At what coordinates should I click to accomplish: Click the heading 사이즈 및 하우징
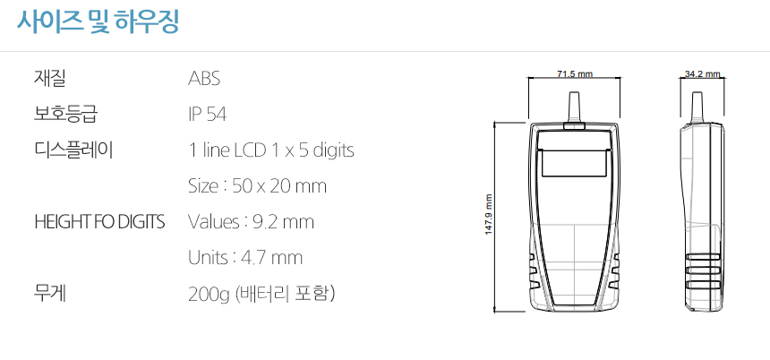(98, 21)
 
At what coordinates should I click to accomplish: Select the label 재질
(49, 79)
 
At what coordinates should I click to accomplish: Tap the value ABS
(204, 79)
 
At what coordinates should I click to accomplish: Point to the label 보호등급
(65, 115)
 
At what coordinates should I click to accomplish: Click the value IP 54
(207, 115)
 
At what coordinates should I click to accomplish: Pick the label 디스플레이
(73, 150)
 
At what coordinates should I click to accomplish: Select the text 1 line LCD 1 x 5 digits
(271, 150)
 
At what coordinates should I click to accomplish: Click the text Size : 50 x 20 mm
(257, 186)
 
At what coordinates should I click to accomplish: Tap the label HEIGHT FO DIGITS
(99, 222)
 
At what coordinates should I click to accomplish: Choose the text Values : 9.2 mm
(251, 222)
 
